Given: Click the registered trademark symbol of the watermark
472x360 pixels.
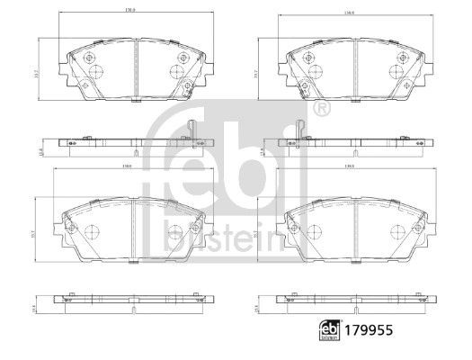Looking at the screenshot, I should point(321,109).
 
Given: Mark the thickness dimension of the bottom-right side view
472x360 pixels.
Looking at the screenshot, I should point(256,306).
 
